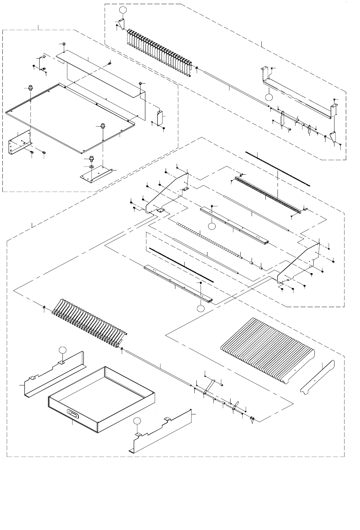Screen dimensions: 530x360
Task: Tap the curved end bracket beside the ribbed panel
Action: pos(318,378)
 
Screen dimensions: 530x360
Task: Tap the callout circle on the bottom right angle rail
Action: pos(137,421)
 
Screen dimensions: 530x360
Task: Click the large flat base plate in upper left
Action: pos(69,114)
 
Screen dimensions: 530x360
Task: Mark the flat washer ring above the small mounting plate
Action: pos(92,167)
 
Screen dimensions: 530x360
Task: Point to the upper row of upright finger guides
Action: pos(159,52)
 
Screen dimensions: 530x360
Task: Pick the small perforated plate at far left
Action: pos(19,142)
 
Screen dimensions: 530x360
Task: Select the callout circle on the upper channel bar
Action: pos(212,226)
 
